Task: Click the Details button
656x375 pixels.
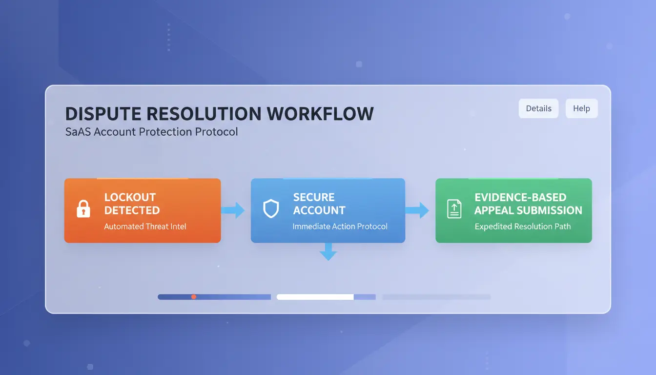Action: (538, 108)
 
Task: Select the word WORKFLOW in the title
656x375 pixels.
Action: (320, 114)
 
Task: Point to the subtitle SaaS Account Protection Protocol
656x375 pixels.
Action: (151, 132)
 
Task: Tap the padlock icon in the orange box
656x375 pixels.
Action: (83, 208)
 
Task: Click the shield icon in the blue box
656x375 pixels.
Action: (271, 208)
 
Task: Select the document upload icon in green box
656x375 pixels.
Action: (454, 208)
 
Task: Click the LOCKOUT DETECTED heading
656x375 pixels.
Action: (132, 204)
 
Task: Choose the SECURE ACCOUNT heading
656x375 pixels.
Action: (319, 204)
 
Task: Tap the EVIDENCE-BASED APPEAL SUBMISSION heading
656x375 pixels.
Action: (528, 204)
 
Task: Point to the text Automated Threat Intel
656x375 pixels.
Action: (145, 227)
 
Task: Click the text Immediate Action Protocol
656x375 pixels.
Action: (340, 227)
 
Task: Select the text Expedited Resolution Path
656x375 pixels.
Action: (522, 227)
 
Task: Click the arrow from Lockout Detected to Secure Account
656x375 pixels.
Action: (233, 210)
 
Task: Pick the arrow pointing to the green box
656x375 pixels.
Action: (417, 210)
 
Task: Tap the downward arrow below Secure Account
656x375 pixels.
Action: (328, 252)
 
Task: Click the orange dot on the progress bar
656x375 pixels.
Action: (194, 297)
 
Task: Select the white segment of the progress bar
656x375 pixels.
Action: (315, 297)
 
